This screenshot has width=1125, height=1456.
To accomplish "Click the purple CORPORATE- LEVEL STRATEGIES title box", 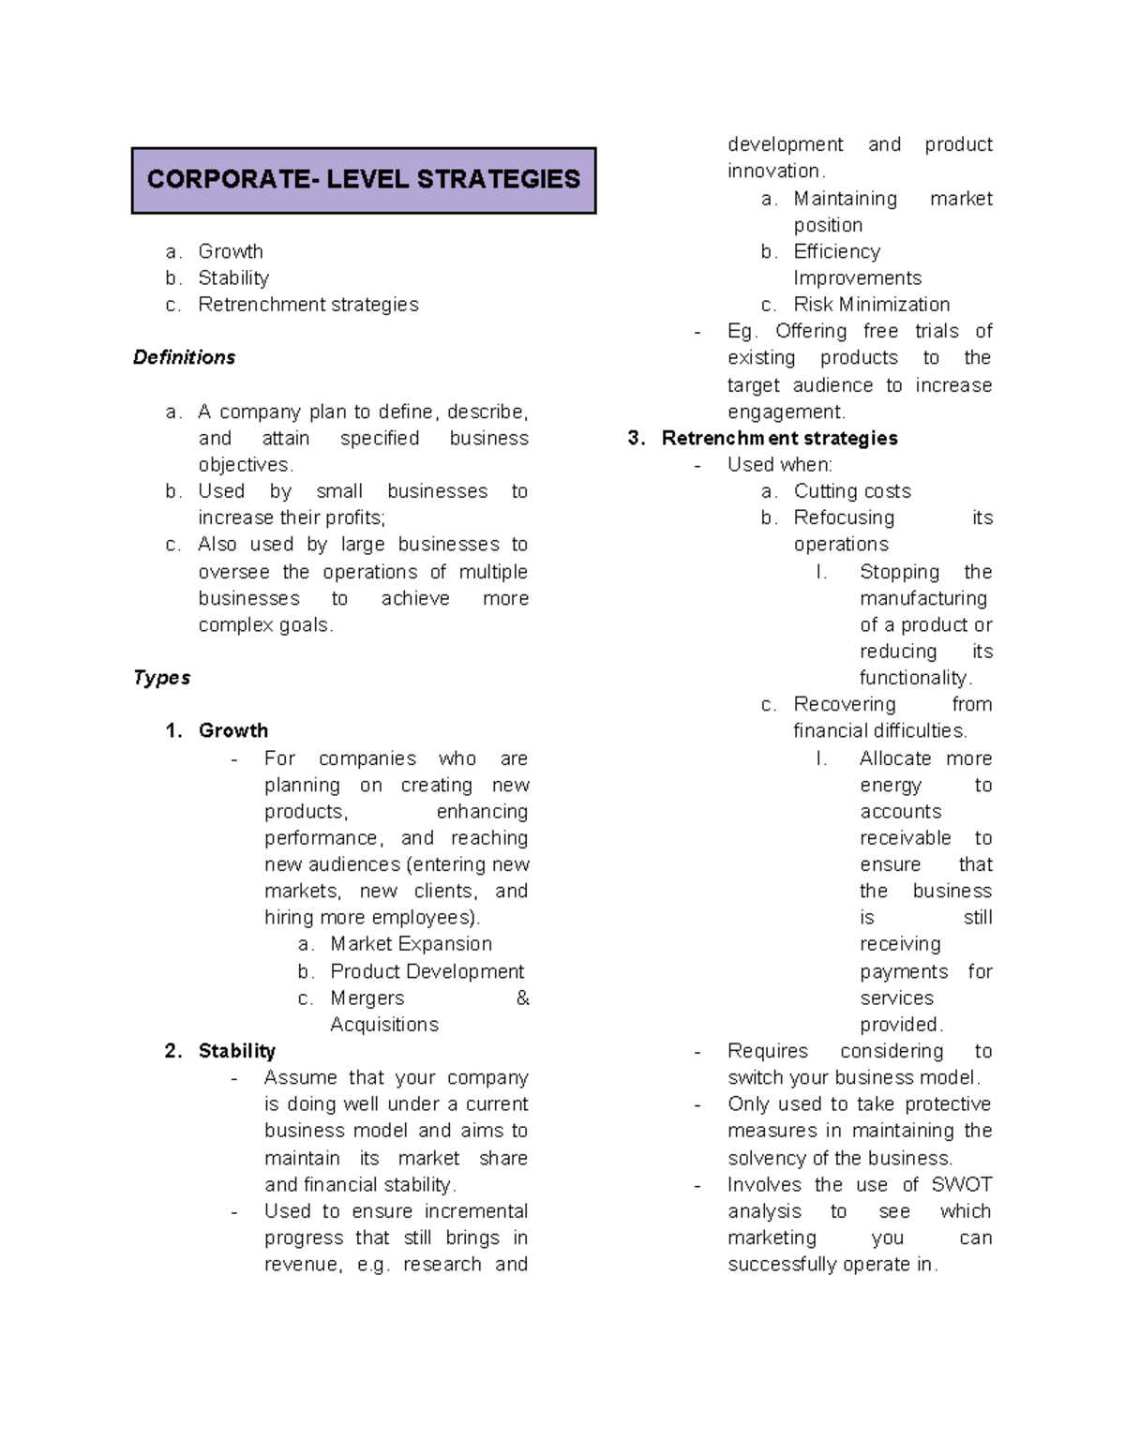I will click(x=364, y=180).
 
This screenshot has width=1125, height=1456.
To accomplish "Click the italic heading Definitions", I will click(x=184, y=357).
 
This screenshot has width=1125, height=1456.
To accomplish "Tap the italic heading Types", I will click(x=161, y=678).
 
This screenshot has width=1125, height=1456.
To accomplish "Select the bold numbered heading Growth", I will click(x=232, y=730).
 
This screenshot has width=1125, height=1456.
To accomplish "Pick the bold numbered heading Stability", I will click(x=236, y=1051).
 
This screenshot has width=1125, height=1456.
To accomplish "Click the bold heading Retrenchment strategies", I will click(x=779, y=438).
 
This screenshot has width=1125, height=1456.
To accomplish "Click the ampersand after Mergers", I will click(x=522, y=998).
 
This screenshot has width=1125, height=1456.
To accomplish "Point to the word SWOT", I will click(x=961, y=1184).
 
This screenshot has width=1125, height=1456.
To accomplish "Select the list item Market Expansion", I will click(x=411, y=944).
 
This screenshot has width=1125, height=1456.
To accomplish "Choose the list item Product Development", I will click(x=427, y=971).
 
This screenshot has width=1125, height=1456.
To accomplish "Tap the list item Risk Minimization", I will click(x=871, y=305).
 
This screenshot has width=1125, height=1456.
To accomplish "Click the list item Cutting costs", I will click(x=851, y=491).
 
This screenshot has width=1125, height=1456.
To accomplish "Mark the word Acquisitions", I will click(x=383, y=1025).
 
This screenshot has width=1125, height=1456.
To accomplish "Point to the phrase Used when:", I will click(x=779, y=465).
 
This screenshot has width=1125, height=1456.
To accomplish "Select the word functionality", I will click(x=913, y=678).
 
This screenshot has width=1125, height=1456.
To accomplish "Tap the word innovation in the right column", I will click(x=773, y=171).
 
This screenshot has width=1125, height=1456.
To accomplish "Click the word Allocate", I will click(x=895, y=758).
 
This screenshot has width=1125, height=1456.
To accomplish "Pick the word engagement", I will click(x=785, y=413).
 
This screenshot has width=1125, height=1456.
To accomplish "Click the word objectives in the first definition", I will click(x=244, y=465).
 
